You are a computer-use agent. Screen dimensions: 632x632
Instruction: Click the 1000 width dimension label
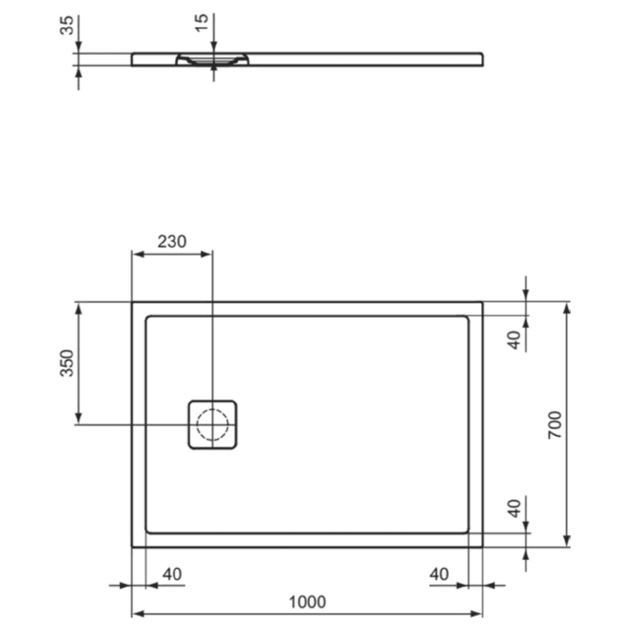(307, 601)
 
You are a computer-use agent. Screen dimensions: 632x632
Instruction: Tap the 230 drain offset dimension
(172, 242)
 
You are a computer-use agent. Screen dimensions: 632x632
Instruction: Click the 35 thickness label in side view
(66, 24)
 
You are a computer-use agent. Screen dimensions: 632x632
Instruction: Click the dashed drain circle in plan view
(213, 424)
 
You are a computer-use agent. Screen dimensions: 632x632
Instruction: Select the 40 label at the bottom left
(172, 574)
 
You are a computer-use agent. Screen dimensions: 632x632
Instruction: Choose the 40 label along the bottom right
(440, 574)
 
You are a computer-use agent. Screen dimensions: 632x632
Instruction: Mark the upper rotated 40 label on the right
(514, 341)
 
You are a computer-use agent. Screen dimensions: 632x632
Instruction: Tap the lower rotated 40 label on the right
(514, 507)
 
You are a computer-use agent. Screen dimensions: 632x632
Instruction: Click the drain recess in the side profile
(213, 60)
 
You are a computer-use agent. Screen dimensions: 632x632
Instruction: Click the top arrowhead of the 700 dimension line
(567, 307)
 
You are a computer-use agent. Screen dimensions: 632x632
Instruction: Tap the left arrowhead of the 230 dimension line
(137, 256)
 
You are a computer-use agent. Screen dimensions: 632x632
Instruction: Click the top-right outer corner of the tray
(482, 302)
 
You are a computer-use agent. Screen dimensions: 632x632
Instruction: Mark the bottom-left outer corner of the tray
(133, 546)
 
